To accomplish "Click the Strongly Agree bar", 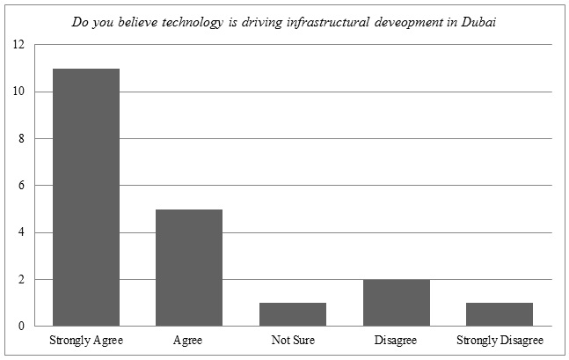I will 86,197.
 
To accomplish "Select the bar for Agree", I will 189,268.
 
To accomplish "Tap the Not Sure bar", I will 293,314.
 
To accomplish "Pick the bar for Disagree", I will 396,303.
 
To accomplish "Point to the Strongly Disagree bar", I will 500,314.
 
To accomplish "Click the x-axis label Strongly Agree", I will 86,340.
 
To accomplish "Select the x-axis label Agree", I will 189,340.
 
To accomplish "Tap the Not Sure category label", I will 293,340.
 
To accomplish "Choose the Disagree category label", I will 396,340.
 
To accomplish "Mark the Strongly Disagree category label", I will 500,340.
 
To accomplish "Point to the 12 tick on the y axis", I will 19,45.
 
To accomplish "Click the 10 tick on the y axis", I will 19,92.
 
